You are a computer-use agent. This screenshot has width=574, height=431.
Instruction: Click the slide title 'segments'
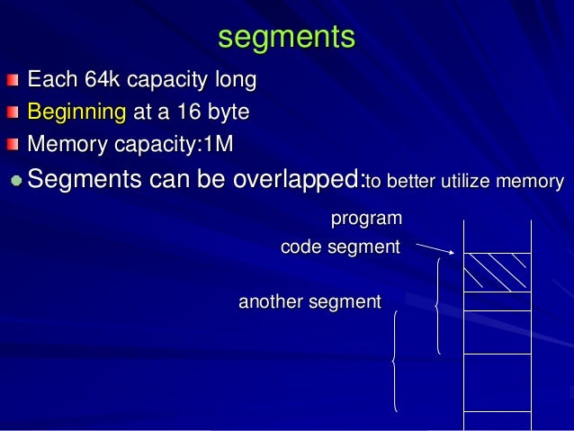pyautogui.click(x=287, y=37)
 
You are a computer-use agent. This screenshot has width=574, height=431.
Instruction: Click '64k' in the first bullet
pyautogui.click(x=102, y=81)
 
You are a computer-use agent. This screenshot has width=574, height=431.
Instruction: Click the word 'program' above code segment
pyautogui.click(x=366, y=219)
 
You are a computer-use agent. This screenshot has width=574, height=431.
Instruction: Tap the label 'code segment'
pyautogui.click(x=340, y=247)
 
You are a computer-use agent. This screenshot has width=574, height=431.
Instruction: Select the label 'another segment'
pyautogui.click(x=309, y=302)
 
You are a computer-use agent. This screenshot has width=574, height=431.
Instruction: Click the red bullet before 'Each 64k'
pyautogui.click(x=12, y=82)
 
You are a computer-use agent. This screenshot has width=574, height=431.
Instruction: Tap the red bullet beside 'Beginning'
pyautogui.click(x=12, y=113)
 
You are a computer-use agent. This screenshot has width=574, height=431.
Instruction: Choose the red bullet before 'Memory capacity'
pyautogui.click(x=12, y=144)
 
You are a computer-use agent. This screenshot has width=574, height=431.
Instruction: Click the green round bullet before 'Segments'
pyautogui.click(x=16, y=180)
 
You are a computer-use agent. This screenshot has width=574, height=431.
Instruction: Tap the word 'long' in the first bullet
pyautogui.click(x=235, y=81)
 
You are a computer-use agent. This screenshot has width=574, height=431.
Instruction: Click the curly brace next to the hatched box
pyautogui.click(x=437, y=306)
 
